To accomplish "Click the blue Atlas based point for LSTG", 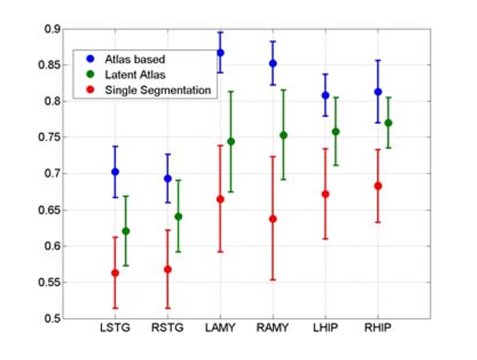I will (115, 171).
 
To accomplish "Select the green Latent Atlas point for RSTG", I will (178, 216).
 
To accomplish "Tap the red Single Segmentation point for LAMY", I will (220, 199).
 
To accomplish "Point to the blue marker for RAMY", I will (273, 63).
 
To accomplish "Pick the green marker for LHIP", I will (335, 131).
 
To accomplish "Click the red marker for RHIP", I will (377, 186).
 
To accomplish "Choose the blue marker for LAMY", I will (220, 53).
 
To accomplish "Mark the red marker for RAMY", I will (273, 219).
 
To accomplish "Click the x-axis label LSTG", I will (115, 328).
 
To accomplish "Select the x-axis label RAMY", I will (273, 328).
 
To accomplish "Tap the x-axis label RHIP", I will (377, 328).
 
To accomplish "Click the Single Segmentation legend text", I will (158, 89).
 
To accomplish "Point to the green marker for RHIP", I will (388, 123).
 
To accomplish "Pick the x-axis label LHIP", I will (325, 328).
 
